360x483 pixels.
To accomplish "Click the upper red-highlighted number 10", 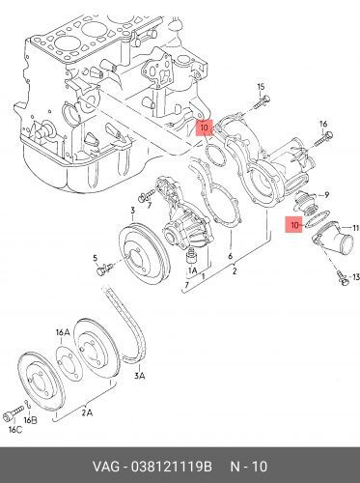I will pyautogui.click(x=203, y=126).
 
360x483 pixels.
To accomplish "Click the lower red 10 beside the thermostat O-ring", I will pyautogui.click(x=294, y=224).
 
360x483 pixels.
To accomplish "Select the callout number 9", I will pyautogui.click(x=326, y=193).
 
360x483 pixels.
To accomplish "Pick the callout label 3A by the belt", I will pyautogui.click(x=140, y=374).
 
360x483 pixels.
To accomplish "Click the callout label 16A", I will pyautogui.click(x=63, y=331).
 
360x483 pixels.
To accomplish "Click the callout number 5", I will pyautogui.click(x=96, y=258).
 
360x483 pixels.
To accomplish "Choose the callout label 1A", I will pyautogui.click(x=191, y=272).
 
